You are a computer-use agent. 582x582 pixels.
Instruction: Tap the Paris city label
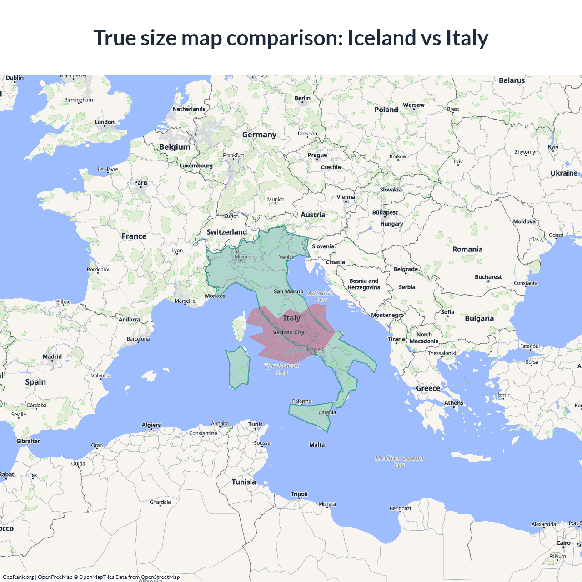point(141,183)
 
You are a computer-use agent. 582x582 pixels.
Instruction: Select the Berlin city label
point(302,98)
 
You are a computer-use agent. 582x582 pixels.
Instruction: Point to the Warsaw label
point(414,105)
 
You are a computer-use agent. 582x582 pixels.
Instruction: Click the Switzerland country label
point(226,232)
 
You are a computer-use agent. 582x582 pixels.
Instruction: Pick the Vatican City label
point(288,332)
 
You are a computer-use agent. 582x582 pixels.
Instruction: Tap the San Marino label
point(288,291)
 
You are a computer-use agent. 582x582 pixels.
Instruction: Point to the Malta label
point(317,445)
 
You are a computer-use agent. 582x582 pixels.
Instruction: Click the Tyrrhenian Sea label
point(282,369)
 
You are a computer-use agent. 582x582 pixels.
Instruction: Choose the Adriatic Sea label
point(321,296)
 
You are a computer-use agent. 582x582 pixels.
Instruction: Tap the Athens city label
point(454,403)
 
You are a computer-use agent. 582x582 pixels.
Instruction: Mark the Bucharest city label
point(488,277)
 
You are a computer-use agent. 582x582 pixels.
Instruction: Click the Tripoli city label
point(299,494)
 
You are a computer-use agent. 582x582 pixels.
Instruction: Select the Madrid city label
point(52,357)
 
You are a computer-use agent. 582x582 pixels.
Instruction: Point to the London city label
point(105,122)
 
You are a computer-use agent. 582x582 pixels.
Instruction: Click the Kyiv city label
point(553,147)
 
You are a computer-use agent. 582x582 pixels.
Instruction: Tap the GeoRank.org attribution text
point(18,577)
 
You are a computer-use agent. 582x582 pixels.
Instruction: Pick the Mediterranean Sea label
point(399,462)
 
